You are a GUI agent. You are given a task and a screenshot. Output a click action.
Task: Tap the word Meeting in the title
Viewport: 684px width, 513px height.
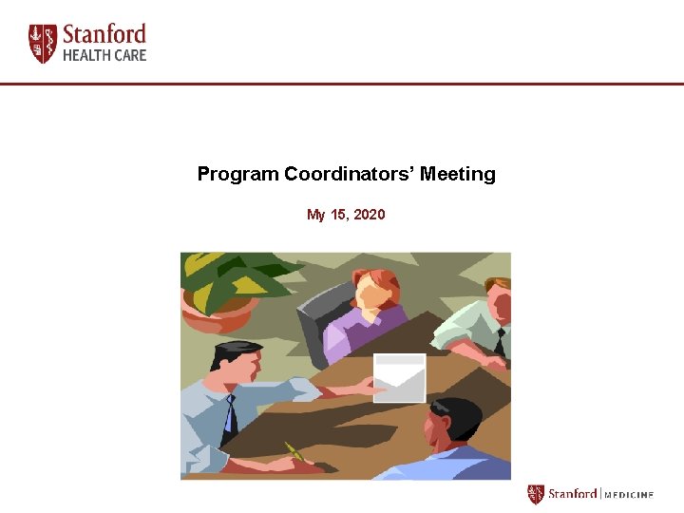458,175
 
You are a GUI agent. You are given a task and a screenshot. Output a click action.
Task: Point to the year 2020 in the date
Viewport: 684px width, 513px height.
370,215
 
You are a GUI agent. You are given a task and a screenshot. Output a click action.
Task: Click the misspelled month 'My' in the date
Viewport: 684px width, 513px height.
315,216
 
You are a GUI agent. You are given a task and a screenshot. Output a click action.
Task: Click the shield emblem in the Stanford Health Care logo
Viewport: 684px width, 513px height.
43,44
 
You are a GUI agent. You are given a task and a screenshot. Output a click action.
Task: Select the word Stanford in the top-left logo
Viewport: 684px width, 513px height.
104,35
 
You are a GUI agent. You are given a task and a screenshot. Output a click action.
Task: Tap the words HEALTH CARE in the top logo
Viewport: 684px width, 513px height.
104,56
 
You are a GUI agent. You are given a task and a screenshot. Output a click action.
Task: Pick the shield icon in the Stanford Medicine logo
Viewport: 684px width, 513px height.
536,495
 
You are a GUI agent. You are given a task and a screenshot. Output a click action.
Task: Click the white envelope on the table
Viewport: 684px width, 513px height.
399,378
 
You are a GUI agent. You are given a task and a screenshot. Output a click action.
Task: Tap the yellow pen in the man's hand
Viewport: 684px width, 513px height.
295,453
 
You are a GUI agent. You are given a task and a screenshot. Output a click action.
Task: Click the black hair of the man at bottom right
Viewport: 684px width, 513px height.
457,412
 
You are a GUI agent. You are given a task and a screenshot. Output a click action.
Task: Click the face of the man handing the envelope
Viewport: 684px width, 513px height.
246,371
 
